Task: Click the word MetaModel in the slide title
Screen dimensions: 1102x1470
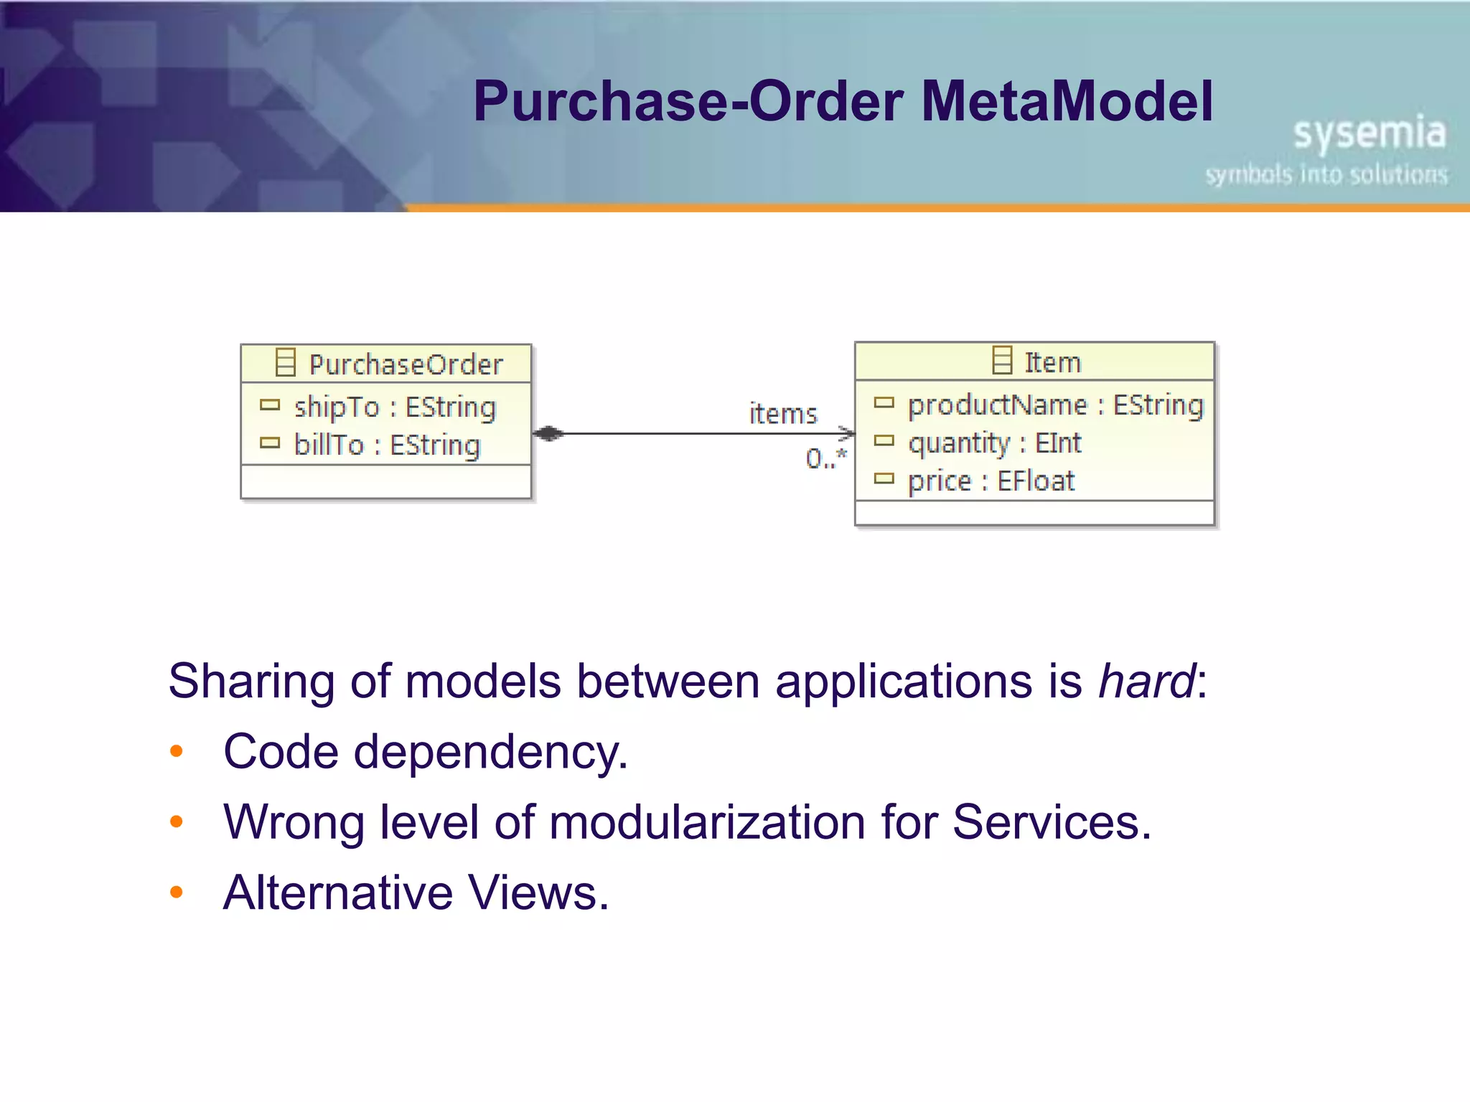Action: tap(1067, 101)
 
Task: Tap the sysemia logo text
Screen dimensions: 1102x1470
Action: tap(1369, 133)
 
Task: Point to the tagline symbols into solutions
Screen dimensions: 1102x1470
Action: tap(1326, 174)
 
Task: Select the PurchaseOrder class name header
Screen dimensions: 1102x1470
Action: tap(406, 364)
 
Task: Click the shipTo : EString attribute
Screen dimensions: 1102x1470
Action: tap(395, 407)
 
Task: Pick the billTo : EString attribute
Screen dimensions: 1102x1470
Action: tap(387, 445)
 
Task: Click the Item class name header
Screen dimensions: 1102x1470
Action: tap(1052, 362)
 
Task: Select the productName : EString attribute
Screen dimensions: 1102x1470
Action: tap(1055, 405)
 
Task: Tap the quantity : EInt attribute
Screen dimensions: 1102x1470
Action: tap(994, 443)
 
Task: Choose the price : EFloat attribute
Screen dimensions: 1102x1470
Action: tap(991, 481)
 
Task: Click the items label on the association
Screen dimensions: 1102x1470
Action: tap(783, 414)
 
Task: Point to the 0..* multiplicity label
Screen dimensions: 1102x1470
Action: tap(825, 458)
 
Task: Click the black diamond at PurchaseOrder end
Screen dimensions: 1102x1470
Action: tap(549, 433)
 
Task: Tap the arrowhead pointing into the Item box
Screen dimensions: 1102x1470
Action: tap(848, 433)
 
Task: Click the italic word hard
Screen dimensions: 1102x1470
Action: tap(1147, 681)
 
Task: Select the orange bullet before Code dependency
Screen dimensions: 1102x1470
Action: tap(177, 752)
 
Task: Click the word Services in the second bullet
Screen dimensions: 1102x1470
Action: tap(1051, 821)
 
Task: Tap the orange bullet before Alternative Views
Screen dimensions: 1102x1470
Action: tap(177, 893)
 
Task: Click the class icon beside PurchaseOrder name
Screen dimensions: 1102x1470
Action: tap(286, 362)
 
